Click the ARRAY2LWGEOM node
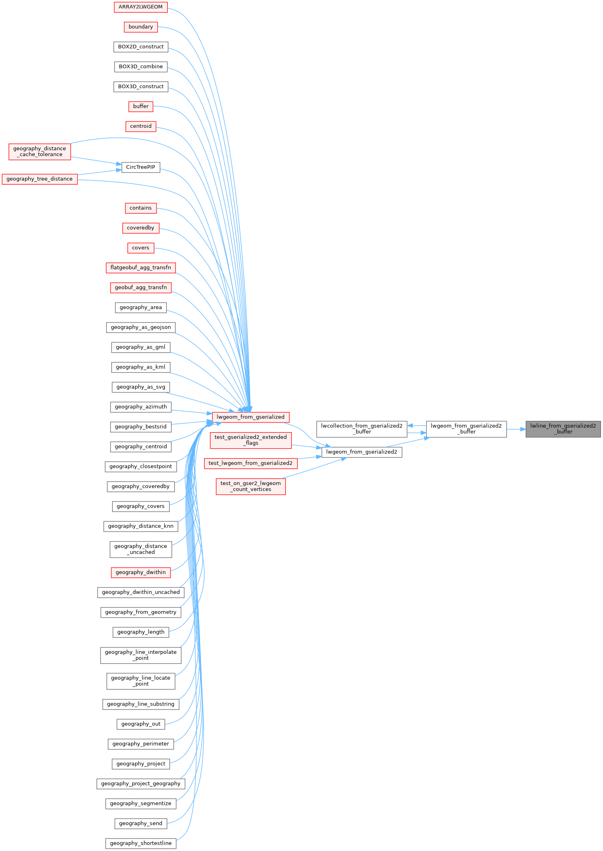pos(140,7)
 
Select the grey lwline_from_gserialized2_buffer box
pos(563,429)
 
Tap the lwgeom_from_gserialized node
pos(250,417)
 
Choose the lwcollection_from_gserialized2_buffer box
pos(362,429)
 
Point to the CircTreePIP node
pos(141,167)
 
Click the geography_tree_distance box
pos(40,179)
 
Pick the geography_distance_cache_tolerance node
pos(40,152)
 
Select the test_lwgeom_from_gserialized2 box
pos(250,463)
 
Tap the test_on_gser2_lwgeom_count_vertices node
pos(250,487)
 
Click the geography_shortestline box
pos(141,843)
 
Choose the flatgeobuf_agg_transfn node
pos(141,268)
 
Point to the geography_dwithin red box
pos(141,572)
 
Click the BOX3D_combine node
pos(141,67)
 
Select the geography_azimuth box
pos(141,407)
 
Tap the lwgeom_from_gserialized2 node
pos(362,452)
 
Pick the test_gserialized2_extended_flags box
pos(250,440)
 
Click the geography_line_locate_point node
pos(141,681)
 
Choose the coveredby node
pos(141,228)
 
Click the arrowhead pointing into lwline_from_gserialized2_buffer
pos(523,429)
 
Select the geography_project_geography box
pos(141,783)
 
